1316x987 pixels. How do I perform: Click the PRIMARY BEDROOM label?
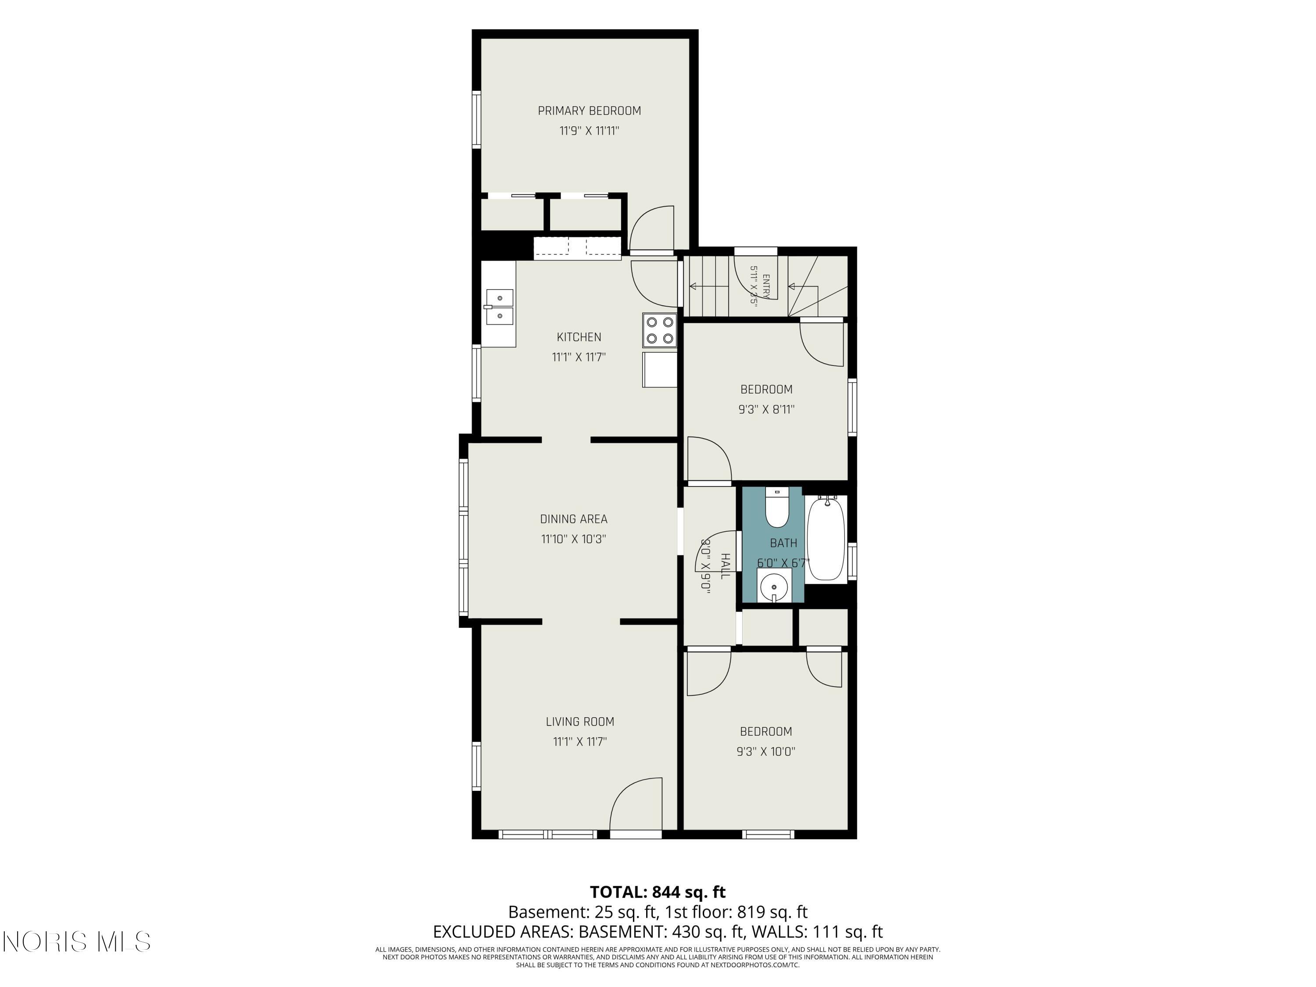[589, 111]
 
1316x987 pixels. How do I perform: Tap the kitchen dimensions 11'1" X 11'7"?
[579, 357]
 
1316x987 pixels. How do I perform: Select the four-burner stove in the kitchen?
[660, 330]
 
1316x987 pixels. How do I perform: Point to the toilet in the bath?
[776, 508]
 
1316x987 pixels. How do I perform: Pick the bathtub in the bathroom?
[826, 538]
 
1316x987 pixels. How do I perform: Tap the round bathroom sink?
[774, 586]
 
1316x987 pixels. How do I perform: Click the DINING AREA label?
[573, 519]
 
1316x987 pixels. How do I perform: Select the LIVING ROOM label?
[580, 722]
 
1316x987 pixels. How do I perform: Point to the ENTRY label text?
[766, 286]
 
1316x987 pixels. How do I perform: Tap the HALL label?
[725, 566]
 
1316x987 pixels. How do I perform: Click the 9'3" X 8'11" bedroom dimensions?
[766, 409]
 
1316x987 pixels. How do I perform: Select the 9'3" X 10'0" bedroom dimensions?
[765, 751]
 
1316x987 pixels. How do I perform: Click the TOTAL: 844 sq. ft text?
[658, 892]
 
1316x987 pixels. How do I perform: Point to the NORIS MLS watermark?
[77, 942]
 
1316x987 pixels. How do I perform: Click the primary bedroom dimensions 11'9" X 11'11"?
[589, 131]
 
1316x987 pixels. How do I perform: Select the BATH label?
[783, 543]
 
